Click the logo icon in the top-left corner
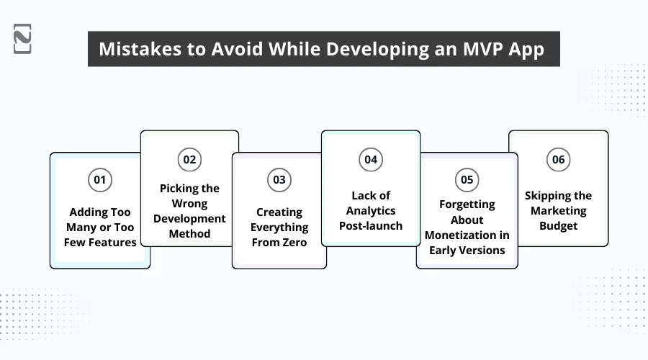(x=22, y=39)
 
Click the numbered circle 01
(x=100, y=179)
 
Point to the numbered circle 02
(x=189, y=159)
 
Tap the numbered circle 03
(x=279, y=179)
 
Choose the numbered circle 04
(x=371, y=159)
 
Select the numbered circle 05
(x=467, y=179)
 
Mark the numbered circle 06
(x=559, y=159)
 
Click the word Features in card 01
(x=112, y=243)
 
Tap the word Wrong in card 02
(x=189, y=203)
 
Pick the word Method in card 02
(x=189, y=233)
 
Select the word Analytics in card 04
(x=371, y=211)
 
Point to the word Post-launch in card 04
(x=371, y=226)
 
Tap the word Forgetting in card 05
(x=467, y=204)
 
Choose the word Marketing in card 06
(x=559, y=211)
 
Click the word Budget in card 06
(x=559, y=226)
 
